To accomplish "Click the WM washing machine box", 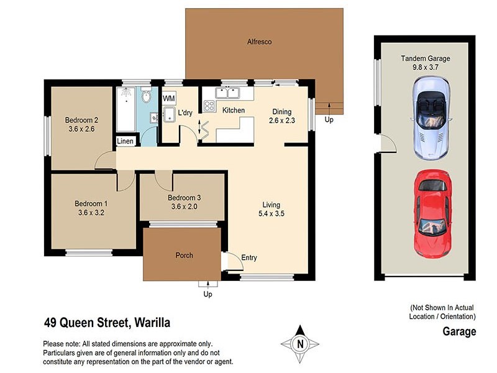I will [x=168, y=98].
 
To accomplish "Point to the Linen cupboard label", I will [x=125, y=142].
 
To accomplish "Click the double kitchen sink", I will [x=227, y=93].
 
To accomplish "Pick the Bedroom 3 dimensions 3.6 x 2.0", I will [x=184, y=207].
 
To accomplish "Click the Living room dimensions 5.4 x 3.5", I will [x=271, y=214].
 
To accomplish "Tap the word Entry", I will [x=249, y=257].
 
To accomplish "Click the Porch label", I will [x=184, y=256].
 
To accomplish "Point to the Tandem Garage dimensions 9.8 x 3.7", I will [x=426, y=68].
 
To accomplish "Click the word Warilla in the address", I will [x=150, y=323].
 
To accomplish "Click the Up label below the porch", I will [x=207, y=294].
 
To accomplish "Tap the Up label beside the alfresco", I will [x=329, y=119].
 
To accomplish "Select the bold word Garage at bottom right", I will [x=459, y=331].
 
